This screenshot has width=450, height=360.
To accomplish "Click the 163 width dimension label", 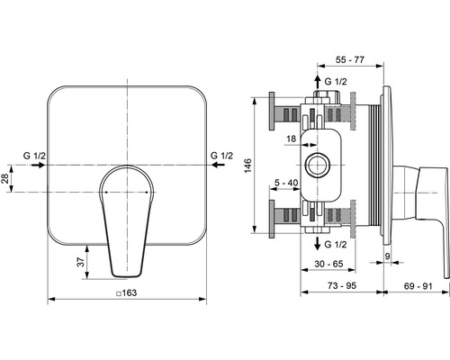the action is tap(130, 292).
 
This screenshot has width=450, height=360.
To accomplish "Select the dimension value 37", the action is tap(81, 262).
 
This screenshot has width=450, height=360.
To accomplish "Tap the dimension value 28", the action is tap(4, 179).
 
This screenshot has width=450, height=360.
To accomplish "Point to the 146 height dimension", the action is tap(247, 166).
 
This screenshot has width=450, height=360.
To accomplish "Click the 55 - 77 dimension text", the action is tap(350, 59).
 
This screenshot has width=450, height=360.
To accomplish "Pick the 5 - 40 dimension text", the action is tap(286, 183).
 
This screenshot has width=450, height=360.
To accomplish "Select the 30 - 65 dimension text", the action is tap(328, 264).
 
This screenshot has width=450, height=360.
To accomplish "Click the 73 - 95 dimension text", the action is tap(342, 285).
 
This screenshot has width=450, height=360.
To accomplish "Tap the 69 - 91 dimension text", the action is tap(418, 286).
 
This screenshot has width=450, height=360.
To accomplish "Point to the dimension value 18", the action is tap(291, 139).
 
